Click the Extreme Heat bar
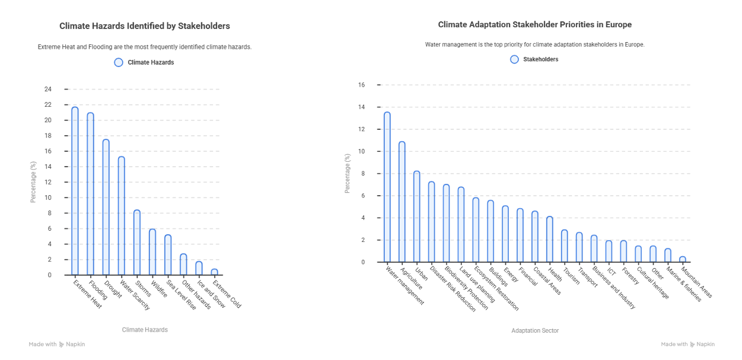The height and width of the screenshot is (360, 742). (x=75, y=191)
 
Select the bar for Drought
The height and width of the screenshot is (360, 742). (x=106, y=207)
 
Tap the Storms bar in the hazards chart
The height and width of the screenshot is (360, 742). (x=136, y=243)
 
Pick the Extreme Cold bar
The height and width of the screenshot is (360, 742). (x=214, y=272)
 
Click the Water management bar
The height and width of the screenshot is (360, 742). (x=387, y=187)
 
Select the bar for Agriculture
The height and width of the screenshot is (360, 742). (x=402, y=202)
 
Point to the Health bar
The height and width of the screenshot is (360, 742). (x=549, y=240)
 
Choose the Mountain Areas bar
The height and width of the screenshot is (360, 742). (x=682, y=259)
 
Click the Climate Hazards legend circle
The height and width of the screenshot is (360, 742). (x=119, y=62)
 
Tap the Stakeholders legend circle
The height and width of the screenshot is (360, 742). (x=514, y=59)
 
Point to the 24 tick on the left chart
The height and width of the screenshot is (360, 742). (x=48, y=90)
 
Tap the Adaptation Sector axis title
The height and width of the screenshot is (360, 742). (x=534, y=330)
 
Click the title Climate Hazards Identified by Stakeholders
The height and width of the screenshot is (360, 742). (x=145, y=26)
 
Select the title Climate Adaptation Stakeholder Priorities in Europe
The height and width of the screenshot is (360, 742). (x=534, y=25)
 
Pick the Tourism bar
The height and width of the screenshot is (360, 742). (x=564, y=246)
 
